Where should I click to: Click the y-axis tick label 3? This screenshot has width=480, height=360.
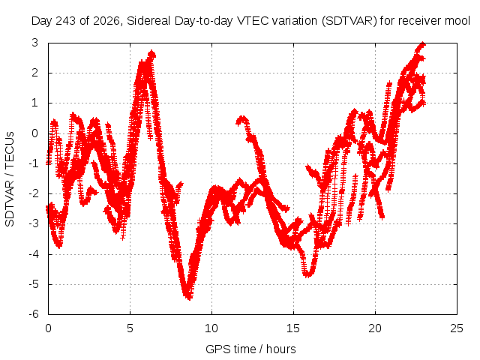[35, 43]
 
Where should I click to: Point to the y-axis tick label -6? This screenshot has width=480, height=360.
[34, 314]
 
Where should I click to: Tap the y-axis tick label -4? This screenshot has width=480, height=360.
[34, 254]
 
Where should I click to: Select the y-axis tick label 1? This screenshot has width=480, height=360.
[35, 103]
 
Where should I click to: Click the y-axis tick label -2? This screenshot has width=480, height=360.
[34, 193]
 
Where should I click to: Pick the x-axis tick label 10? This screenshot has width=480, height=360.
[211, 328]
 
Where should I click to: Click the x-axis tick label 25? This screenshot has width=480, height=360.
[457, 328]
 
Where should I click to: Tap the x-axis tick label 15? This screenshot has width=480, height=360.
[293, 328]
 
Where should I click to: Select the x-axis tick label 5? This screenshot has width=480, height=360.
[130, 328]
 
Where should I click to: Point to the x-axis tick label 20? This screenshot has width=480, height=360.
[375, 328]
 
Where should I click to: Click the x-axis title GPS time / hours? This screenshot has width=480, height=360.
[250, 349]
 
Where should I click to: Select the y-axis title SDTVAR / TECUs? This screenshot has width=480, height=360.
[10, 179]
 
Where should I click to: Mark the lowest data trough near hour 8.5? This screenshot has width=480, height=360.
[188, 297]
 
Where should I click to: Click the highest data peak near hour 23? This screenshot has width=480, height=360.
[422, 44]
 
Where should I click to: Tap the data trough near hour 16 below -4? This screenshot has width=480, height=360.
[307, 274]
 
